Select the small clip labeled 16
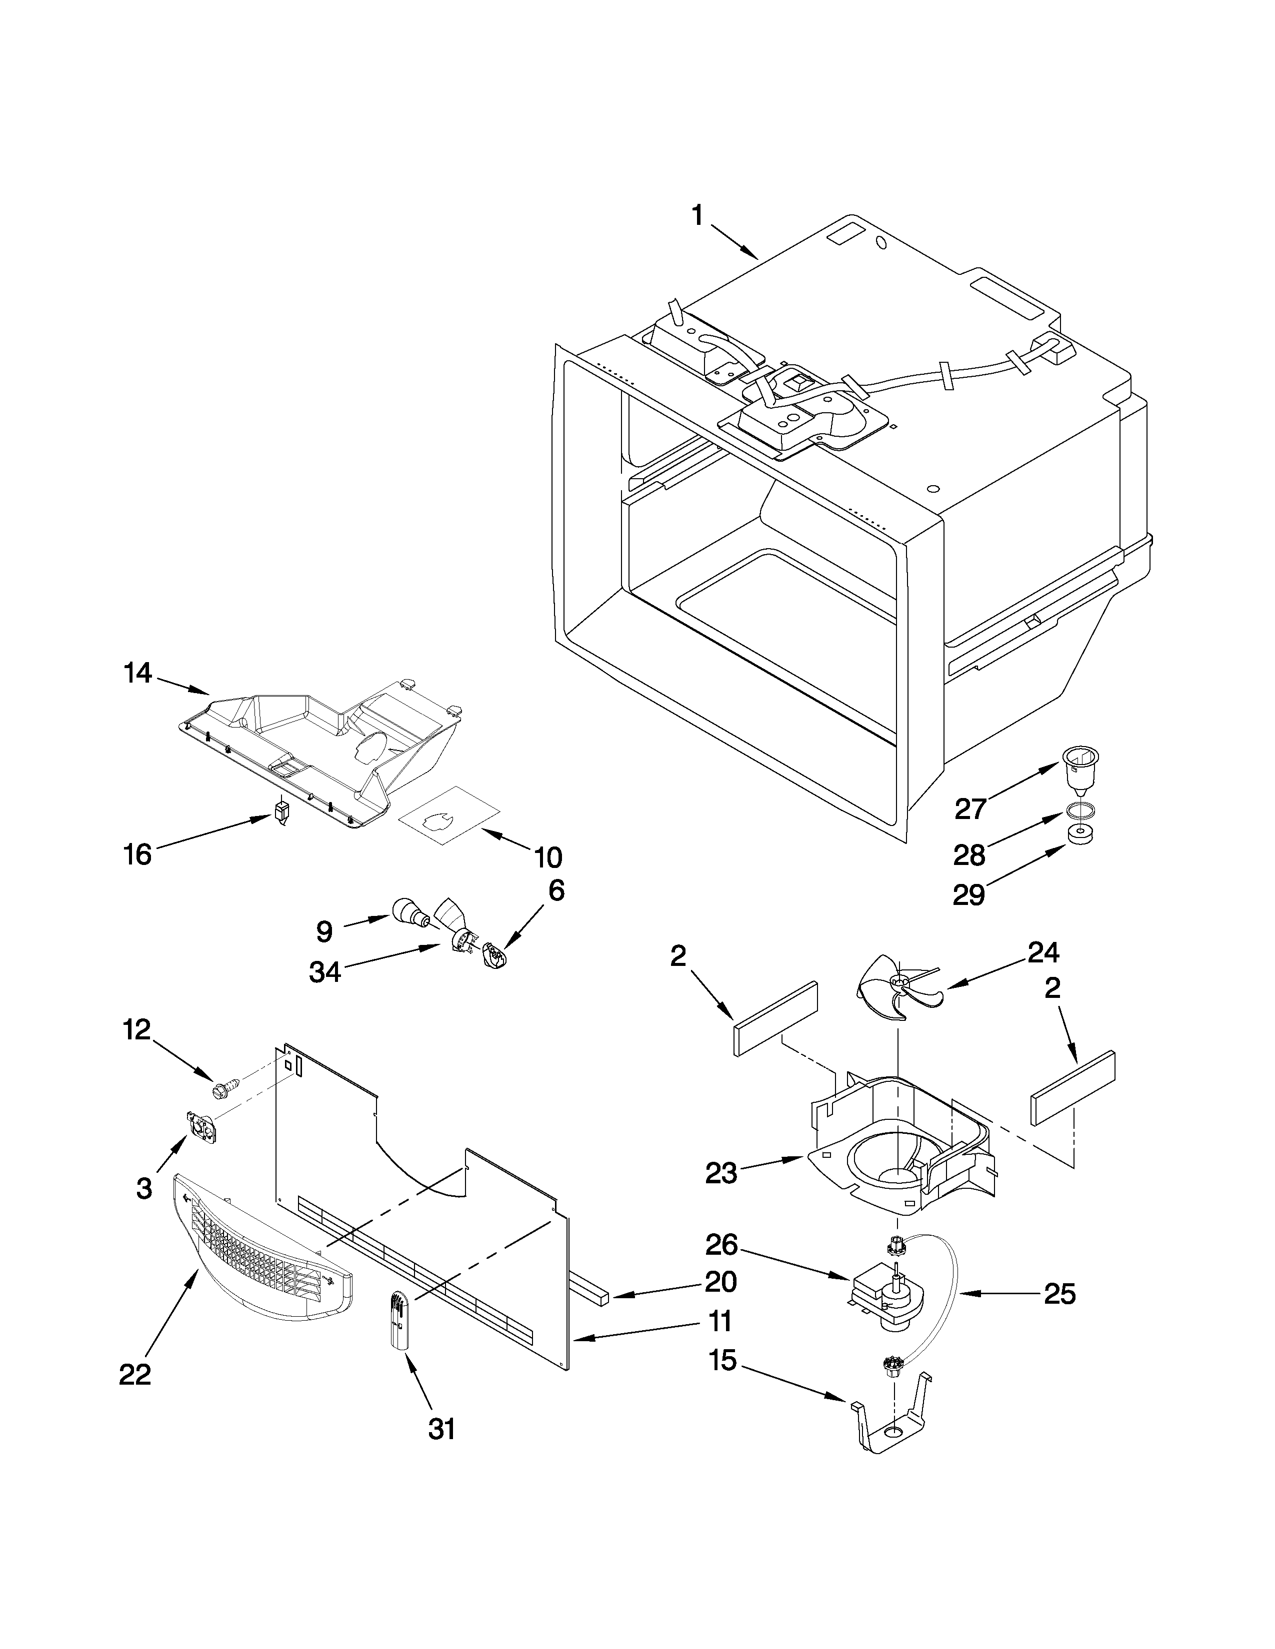pyautogui.click(x=281, y=813)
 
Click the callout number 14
pyautogui.click(x=137, y=673)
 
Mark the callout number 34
pyautogui.click(x=325, y=972)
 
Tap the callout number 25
pyautogui.click(x=1059, y=1294)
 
